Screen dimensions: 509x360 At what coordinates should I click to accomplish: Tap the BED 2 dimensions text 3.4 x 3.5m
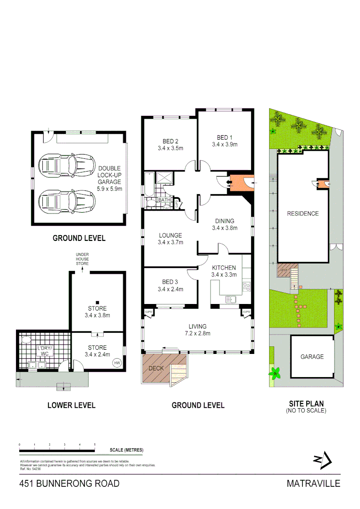pyautogui.click(x=170, y=148)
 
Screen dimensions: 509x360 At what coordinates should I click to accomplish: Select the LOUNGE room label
pyautogui.click(x=170, y=235)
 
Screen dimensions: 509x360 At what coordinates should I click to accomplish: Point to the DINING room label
pyautogui.click(x=224, y=221)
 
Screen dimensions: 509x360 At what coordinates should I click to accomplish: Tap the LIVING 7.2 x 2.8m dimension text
pyautogui.click(x=197, y=333)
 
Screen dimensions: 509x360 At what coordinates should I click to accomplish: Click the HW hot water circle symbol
pyautogui.click(x=116, y=362)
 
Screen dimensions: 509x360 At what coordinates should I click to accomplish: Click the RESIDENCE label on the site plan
pyautogui.click(x=303, y=213)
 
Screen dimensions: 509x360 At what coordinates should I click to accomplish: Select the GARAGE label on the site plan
pyautogui.click(x=312, y=357)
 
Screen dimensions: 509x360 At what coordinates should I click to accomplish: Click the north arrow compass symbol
pyautogui.click(x=323, y=460)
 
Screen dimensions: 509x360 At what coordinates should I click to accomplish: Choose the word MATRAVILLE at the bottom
pyautogui.click(x=313, y=484)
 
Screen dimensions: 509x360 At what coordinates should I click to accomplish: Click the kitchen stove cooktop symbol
pyautogui.click(x=246, y=285)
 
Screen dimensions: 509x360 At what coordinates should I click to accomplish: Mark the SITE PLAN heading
pyautogui.click(x=306, y=404)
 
